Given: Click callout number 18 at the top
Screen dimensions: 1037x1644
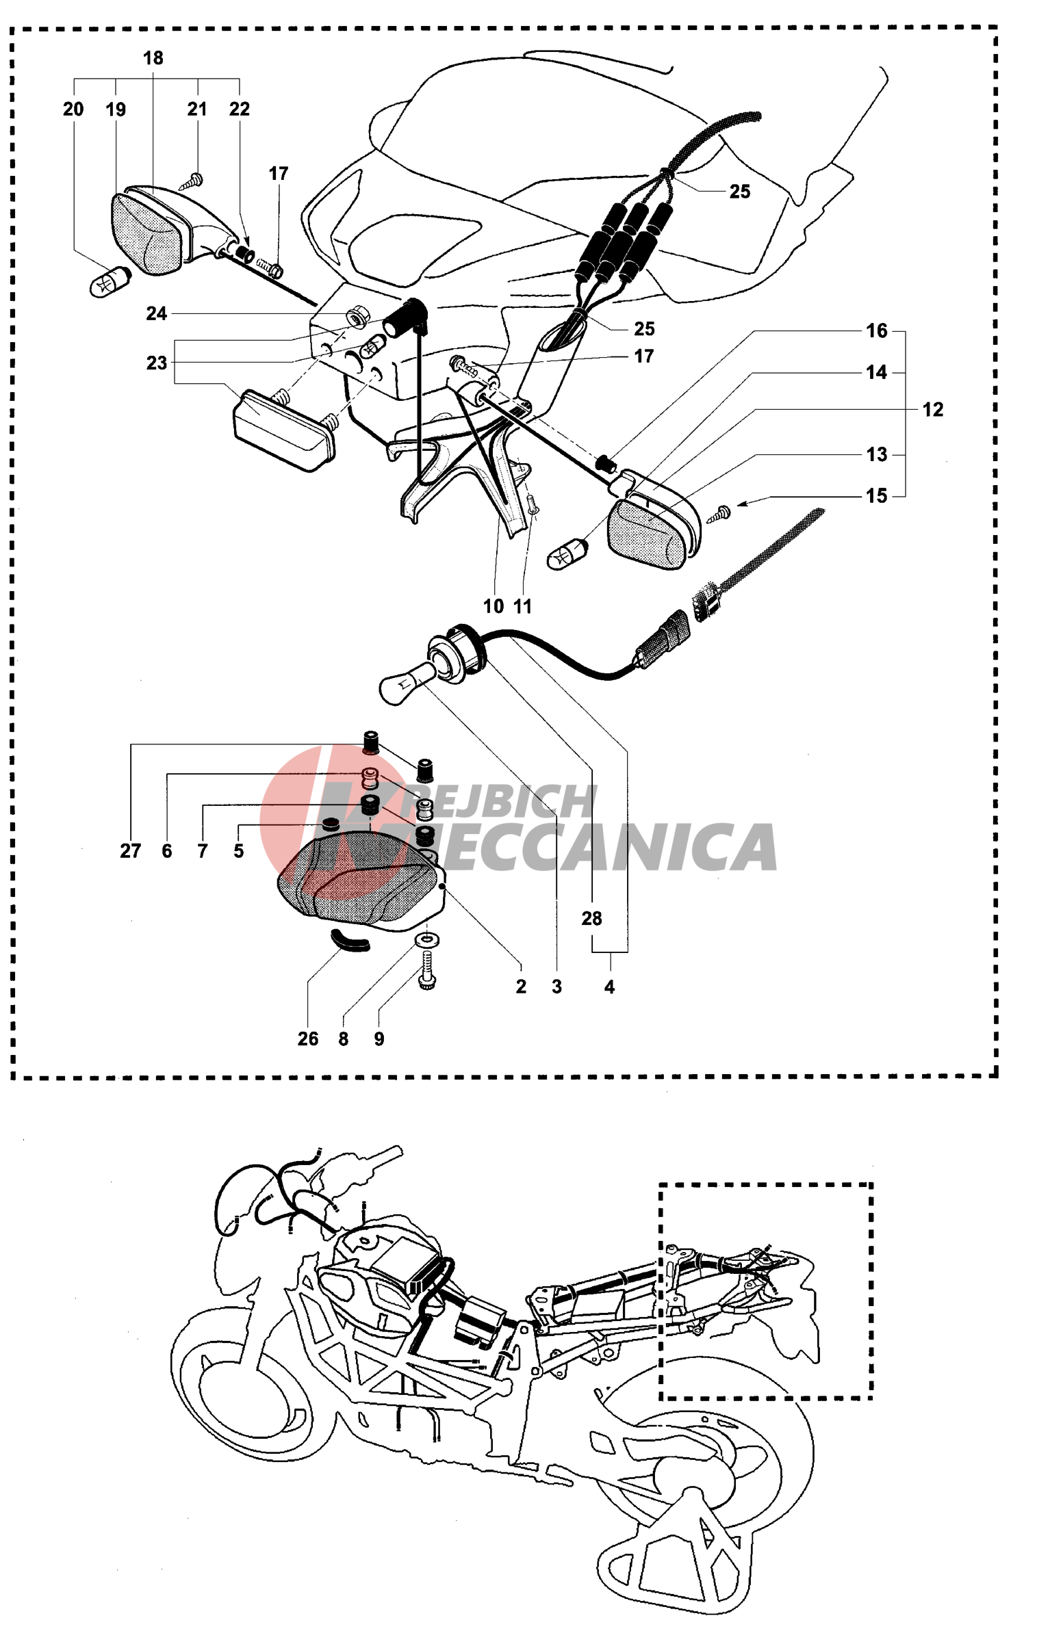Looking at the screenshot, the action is coord(153,58).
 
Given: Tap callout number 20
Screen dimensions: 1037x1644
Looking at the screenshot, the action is coord(73,109).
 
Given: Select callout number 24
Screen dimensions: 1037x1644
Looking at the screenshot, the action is coord(156,313).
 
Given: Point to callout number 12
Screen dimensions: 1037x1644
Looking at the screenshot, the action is coord(932,409).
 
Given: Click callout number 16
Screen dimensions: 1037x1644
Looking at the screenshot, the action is coord(876,330).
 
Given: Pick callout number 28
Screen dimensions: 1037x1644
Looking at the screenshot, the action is coord(591,918).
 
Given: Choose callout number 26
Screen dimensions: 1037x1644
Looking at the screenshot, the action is coord(308,1039).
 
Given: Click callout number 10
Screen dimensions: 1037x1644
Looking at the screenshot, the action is coord(494,606).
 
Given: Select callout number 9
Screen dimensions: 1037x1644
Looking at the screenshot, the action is coord(379,1039).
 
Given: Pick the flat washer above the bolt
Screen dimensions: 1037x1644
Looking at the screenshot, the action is coord(427,940).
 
